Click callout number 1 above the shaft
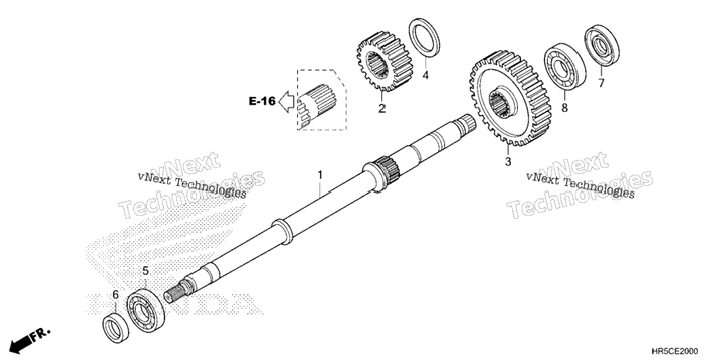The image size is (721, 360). (x=319, y=176)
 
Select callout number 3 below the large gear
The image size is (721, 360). (x=508, y=161)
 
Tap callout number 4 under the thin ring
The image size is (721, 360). (x=425, y=75)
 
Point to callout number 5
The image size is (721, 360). (x=146, y=271)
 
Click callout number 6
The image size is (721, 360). (x=116, y=294)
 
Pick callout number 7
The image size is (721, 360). (x=602, y=83)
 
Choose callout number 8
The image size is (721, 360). (x=564, y=108)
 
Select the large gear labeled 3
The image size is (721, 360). (x=511, y=98)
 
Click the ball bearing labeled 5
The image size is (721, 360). (x=146, y=310)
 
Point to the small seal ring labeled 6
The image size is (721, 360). (x=116, y=328)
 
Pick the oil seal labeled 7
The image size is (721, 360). (x=602, y=45)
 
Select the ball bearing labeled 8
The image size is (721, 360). (x=565, y=66)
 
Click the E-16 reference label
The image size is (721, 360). (x=262, y=102)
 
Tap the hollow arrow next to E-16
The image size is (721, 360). (x=287, y=102)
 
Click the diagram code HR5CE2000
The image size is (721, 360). (x=675, y=351)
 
